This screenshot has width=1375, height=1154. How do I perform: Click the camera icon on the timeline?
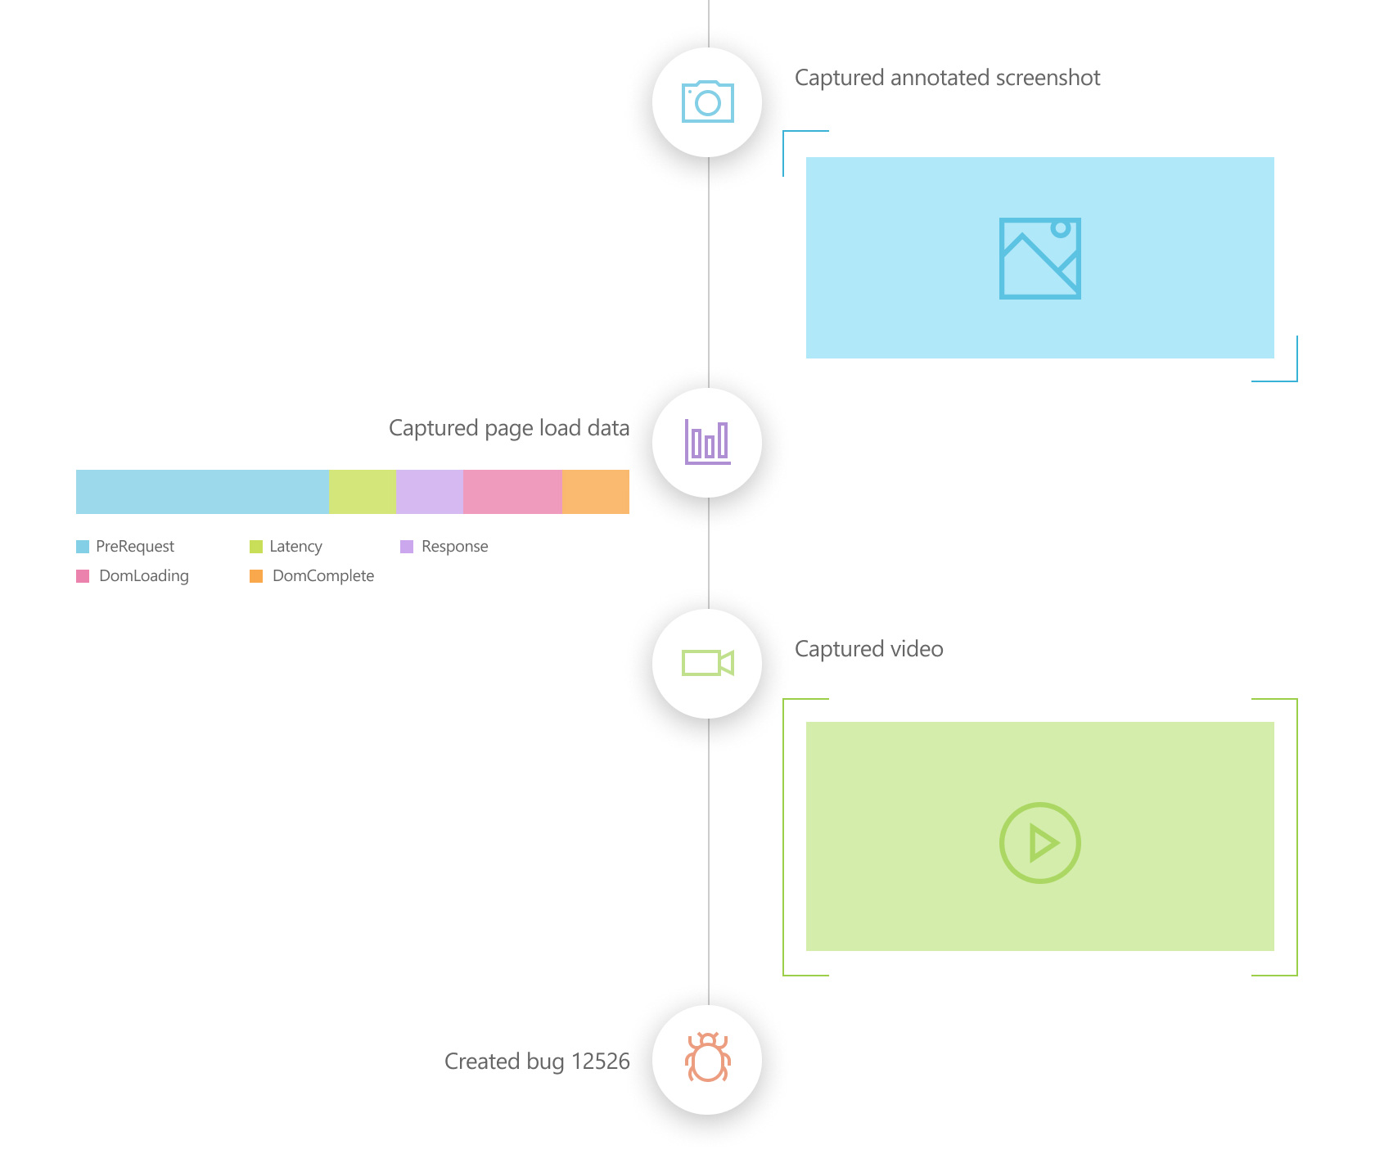(x=707, y=101)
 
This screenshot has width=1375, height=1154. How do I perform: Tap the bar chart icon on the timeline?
(x=707, y=442)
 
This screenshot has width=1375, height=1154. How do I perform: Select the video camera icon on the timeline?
(x=707, y=663)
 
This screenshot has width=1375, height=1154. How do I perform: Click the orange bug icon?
(x=707, y=1057)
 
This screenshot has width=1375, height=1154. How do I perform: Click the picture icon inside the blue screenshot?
(x=1039, y=258)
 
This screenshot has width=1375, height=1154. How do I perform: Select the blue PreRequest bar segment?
(x=202, y=492)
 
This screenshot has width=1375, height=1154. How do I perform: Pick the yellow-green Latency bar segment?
(x=362, y=492)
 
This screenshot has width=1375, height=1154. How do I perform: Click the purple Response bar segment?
(x=429, y=492)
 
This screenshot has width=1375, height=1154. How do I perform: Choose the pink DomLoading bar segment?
(x=512, y=492)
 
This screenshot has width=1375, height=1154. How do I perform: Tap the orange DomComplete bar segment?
(x=596, y=492)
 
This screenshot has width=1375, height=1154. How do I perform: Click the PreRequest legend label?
(x=135, y=547)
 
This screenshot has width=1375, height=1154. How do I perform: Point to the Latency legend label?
(x=295, y=547)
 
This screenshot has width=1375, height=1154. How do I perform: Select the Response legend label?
(x=454, y=547)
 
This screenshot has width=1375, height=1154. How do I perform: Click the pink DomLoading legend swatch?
(x=83, y=576)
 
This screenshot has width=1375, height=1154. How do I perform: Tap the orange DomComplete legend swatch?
(x=256, y=576)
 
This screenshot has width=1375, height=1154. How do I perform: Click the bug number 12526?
(x=600, y=1062)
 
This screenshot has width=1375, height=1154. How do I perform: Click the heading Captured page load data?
(x=508, y=428)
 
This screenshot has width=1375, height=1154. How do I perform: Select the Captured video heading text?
(x=868, y=649)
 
